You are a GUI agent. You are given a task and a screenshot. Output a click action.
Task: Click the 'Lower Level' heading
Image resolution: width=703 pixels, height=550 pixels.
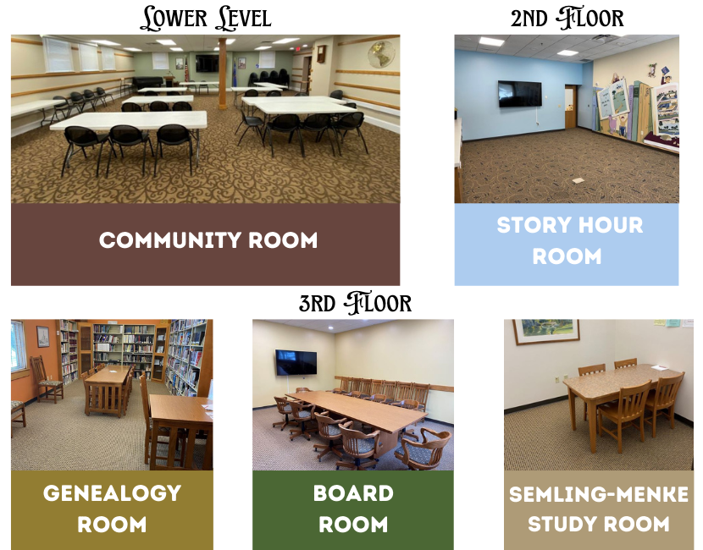[205, 18]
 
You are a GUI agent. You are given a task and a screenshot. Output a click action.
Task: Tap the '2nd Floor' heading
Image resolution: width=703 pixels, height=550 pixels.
[567, 18]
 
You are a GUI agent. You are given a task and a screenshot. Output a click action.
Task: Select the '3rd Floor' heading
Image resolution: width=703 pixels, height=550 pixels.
[355, 303]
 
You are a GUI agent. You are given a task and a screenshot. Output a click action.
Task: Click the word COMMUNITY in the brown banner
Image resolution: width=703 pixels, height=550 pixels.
[170, 240]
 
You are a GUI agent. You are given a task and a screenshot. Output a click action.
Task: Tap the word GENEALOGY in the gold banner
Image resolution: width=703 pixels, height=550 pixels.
[112, 493]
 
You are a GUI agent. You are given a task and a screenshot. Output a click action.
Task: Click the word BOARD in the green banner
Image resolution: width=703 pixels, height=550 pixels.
[353, 493]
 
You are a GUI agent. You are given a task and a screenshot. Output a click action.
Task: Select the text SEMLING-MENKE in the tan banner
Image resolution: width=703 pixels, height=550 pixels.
[599, 494]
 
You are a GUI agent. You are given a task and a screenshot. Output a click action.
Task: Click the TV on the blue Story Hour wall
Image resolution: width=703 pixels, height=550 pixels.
[520, 94]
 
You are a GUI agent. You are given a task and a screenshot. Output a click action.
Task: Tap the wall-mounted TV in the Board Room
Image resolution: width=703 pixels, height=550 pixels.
[296, 362]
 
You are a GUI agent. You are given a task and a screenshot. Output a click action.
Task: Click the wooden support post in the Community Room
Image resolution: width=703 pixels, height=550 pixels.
[222, 74]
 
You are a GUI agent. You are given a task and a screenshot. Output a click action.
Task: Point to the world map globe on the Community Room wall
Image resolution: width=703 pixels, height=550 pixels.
[381, 54]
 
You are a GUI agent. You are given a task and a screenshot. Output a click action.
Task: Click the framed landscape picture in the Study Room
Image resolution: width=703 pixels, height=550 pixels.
[546, 332]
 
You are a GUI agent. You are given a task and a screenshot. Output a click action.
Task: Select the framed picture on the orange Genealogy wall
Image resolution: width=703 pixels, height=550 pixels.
[43, 337]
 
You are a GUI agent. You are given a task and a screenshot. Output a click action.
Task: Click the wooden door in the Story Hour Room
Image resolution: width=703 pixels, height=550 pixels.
[570, 106]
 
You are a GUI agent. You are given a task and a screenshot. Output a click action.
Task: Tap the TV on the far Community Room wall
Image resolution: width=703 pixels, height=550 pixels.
[208, 63]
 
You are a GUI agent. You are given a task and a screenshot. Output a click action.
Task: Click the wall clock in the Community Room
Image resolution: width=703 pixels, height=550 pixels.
[321, 54]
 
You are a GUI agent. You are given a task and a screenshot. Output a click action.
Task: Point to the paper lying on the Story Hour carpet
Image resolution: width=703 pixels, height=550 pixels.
[578, 180]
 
